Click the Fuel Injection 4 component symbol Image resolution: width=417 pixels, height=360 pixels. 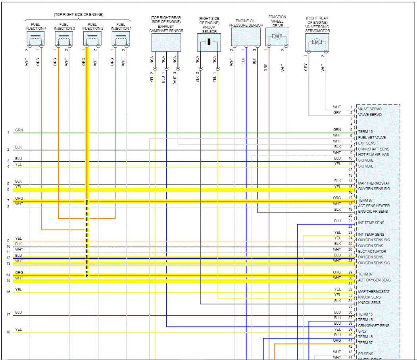tap(35, 39)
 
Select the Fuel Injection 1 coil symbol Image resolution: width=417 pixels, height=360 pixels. tap(121, 39)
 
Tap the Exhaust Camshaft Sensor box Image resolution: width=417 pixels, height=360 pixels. tap(166, 42)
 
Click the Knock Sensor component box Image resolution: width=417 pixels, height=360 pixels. tap(209, 42)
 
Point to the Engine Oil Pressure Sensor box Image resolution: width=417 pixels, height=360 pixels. tap(246, 37)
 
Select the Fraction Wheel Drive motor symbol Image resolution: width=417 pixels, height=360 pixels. tap(277, 37)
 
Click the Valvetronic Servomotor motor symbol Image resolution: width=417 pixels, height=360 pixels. tap(317, 42)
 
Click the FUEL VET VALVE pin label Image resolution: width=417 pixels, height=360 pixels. tap(372, 137)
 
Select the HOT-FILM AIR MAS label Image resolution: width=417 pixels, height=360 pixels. tap(373, 154)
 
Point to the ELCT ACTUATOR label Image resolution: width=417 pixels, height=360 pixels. tap(372, 251)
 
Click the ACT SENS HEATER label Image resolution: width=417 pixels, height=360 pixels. tap(374, 206)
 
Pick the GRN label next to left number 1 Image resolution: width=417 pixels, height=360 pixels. tap(19, 130)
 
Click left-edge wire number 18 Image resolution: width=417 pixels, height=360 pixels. tap(8, 332)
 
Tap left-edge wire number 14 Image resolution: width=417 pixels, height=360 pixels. tap(8, 275)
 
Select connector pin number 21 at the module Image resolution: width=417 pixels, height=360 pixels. tap(350, 221)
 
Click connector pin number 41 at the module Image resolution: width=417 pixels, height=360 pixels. tap(350, 341)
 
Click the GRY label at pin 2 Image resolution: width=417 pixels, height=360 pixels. tap(337, 113)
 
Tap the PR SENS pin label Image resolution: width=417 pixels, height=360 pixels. tap(365, 354)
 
